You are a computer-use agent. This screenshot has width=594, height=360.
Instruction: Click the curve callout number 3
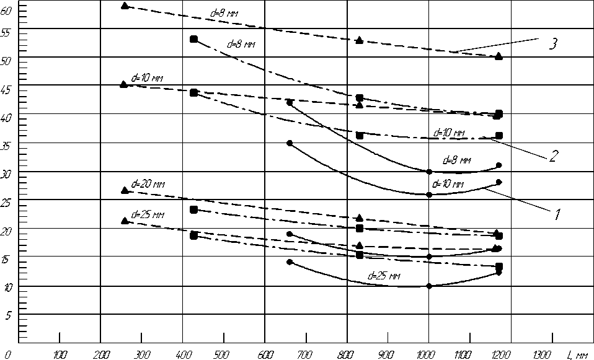click(554, 44)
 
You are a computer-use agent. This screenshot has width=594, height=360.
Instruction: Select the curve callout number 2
click(551, 156)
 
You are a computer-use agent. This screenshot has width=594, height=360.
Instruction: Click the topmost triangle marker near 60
click(125, 6)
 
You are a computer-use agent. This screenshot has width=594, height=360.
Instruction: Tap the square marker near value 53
click(193, 39)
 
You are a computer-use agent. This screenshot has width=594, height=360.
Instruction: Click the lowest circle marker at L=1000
click(428, 286)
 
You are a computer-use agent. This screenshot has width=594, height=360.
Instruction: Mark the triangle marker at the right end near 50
click(499, 56)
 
